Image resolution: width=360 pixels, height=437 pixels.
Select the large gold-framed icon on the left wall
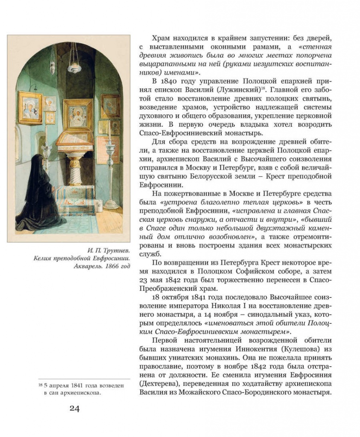pos(30,108)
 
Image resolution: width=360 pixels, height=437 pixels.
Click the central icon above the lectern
pos(78,115)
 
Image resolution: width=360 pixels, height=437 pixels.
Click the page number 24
pos(74,408)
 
